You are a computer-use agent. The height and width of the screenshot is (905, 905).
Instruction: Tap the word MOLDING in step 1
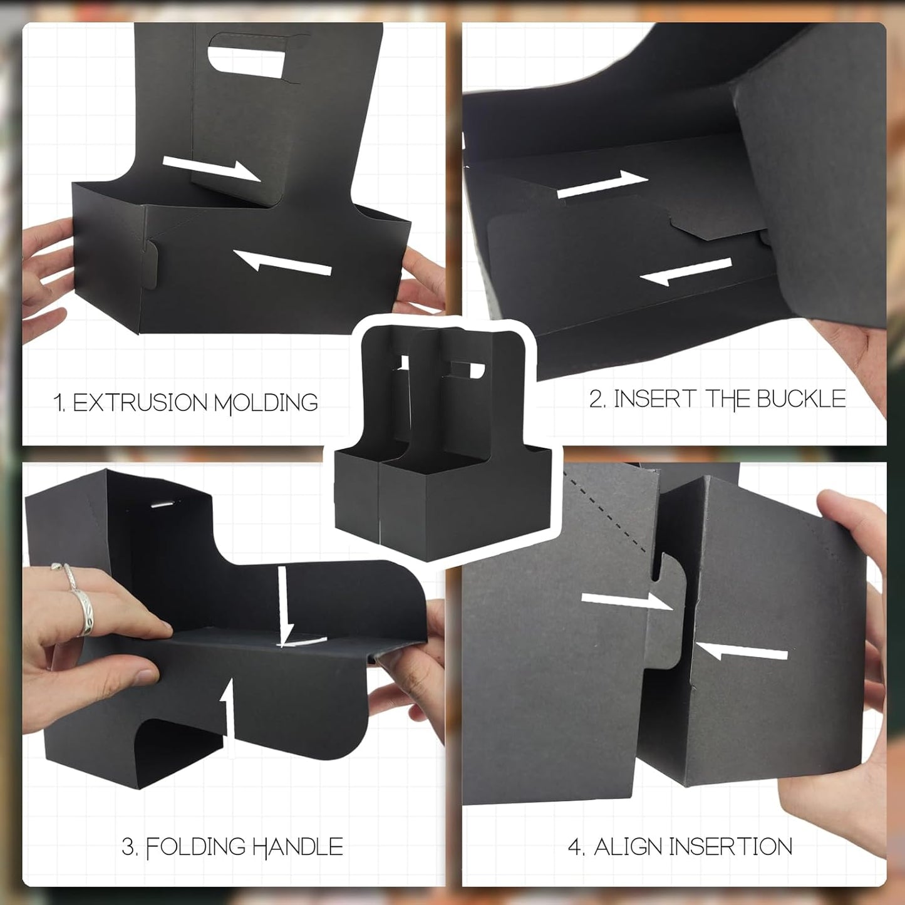click(x=266, y=403)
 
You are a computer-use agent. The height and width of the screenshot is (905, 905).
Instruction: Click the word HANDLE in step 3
click(x=297, y=847)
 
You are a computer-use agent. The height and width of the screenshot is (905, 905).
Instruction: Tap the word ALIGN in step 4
click(x=628, y=847)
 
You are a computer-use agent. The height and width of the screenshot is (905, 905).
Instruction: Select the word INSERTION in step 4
click(x=730, y=847)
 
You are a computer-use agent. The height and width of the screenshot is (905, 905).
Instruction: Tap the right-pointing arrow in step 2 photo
click(x=602, y=184)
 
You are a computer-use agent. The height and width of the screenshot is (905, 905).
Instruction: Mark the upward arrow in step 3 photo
click(x=229, y=714)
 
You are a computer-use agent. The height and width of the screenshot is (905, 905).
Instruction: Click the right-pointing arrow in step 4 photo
click(x=626, y=601)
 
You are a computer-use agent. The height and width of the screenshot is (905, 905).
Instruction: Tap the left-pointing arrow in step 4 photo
click(x=742, y=652)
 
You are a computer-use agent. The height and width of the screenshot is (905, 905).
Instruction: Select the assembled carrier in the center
click(x=442, y=445)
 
